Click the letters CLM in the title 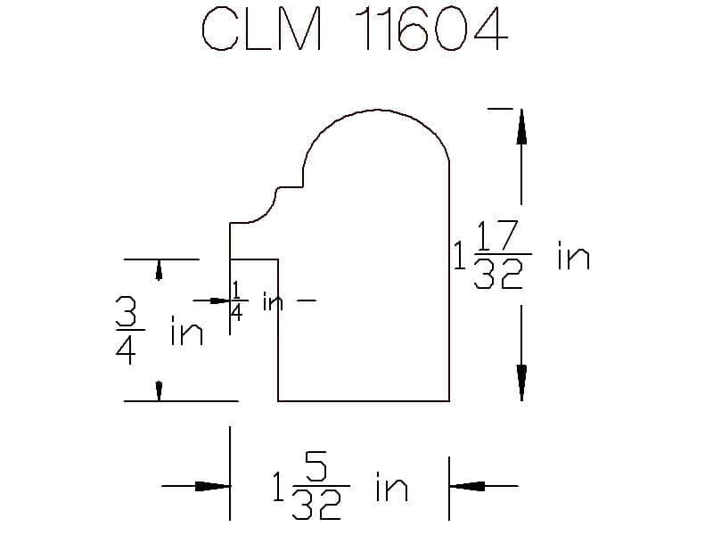pyautogui.click(x=262, y=29)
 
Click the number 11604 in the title pyautogui.click(x=430, y=29)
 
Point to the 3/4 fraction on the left pyautogui.click(x=128, y=330)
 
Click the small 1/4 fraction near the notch pyautogui.click(x=237, y=300)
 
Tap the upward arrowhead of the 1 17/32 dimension pyautogui.click(x=521, y=127)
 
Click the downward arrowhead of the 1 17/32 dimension pyautogui.click(x=521, y=383)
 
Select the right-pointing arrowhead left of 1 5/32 pyautogui.click(x=212, y=486)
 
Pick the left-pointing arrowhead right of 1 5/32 pyautogui.click(x=467, y=486)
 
